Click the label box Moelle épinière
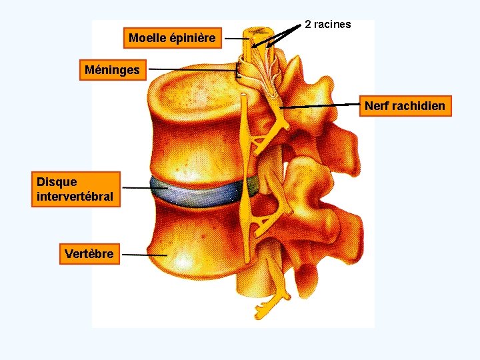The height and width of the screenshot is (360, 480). (172, 38)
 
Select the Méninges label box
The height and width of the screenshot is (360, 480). (112, 69)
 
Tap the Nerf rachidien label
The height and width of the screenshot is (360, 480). (405, 106)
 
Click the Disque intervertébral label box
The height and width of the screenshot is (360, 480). (75, 189)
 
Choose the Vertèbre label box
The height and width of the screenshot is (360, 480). (89, 254)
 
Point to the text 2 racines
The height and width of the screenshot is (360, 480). (327, 25)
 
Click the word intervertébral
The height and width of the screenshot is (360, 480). (75, 197)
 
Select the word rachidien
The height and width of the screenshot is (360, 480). (419, 106)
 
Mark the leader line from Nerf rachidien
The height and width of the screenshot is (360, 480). (320, 106)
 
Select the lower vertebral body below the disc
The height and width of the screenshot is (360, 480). (193, 247)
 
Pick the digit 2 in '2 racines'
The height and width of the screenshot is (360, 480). (308, 25)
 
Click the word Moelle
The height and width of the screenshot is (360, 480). (147, 38)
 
